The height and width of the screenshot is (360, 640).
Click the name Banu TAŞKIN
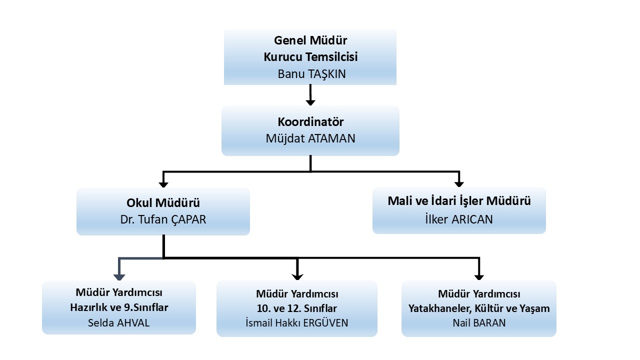coord(310,73)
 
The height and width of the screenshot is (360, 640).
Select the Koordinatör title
coord(310,121)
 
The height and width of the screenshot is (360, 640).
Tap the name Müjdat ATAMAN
coord(310,138)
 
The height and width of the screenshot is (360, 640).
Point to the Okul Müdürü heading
coord(163,203)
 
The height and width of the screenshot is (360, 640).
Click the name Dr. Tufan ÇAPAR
coord(163,219)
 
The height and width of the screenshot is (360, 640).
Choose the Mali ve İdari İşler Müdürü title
coord(459,201)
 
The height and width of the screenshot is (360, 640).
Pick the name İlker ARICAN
coord(459,218)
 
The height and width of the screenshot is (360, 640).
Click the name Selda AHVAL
coord(119,322)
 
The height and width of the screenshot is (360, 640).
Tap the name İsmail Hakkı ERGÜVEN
coord(297,323)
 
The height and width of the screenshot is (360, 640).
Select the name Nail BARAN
coord(479,322)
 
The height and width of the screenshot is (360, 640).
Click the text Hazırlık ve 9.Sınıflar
coord(119,307)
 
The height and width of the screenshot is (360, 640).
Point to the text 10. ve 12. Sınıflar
coord(297,308)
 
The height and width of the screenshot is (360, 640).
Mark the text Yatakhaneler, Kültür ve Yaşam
coord(479,308)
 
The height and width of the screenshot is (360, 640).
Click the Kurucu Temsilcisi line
coord(310,57)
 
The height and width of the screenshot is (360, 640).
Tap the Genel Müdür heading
coord(310,40)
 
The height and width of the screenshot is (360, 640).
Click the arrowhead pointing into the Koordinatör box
coord(310,102)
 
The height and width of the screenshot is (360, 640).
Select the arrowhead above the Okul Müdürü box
coord(163,183)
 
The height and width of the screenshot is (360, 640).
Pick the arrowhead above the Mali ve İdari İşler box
coord(459,183)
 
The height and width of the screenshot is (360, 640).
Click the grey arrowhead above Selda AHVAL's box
coord(119,276)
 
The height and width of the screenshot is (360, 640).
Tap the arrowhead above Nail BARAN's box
coord(479,276)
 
